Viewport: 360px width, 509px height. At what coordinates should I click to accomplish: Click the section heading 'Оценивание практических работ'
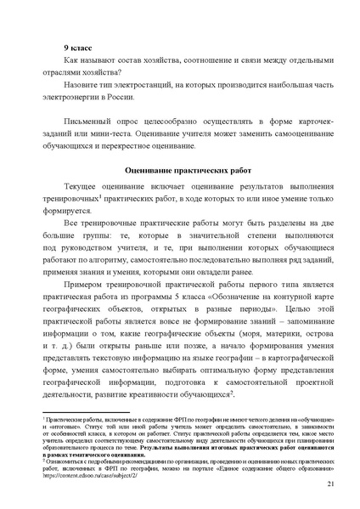(x=181, y=170)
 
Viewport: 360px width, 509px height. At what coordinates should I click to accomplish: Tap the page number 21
(x=329, y=484)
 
